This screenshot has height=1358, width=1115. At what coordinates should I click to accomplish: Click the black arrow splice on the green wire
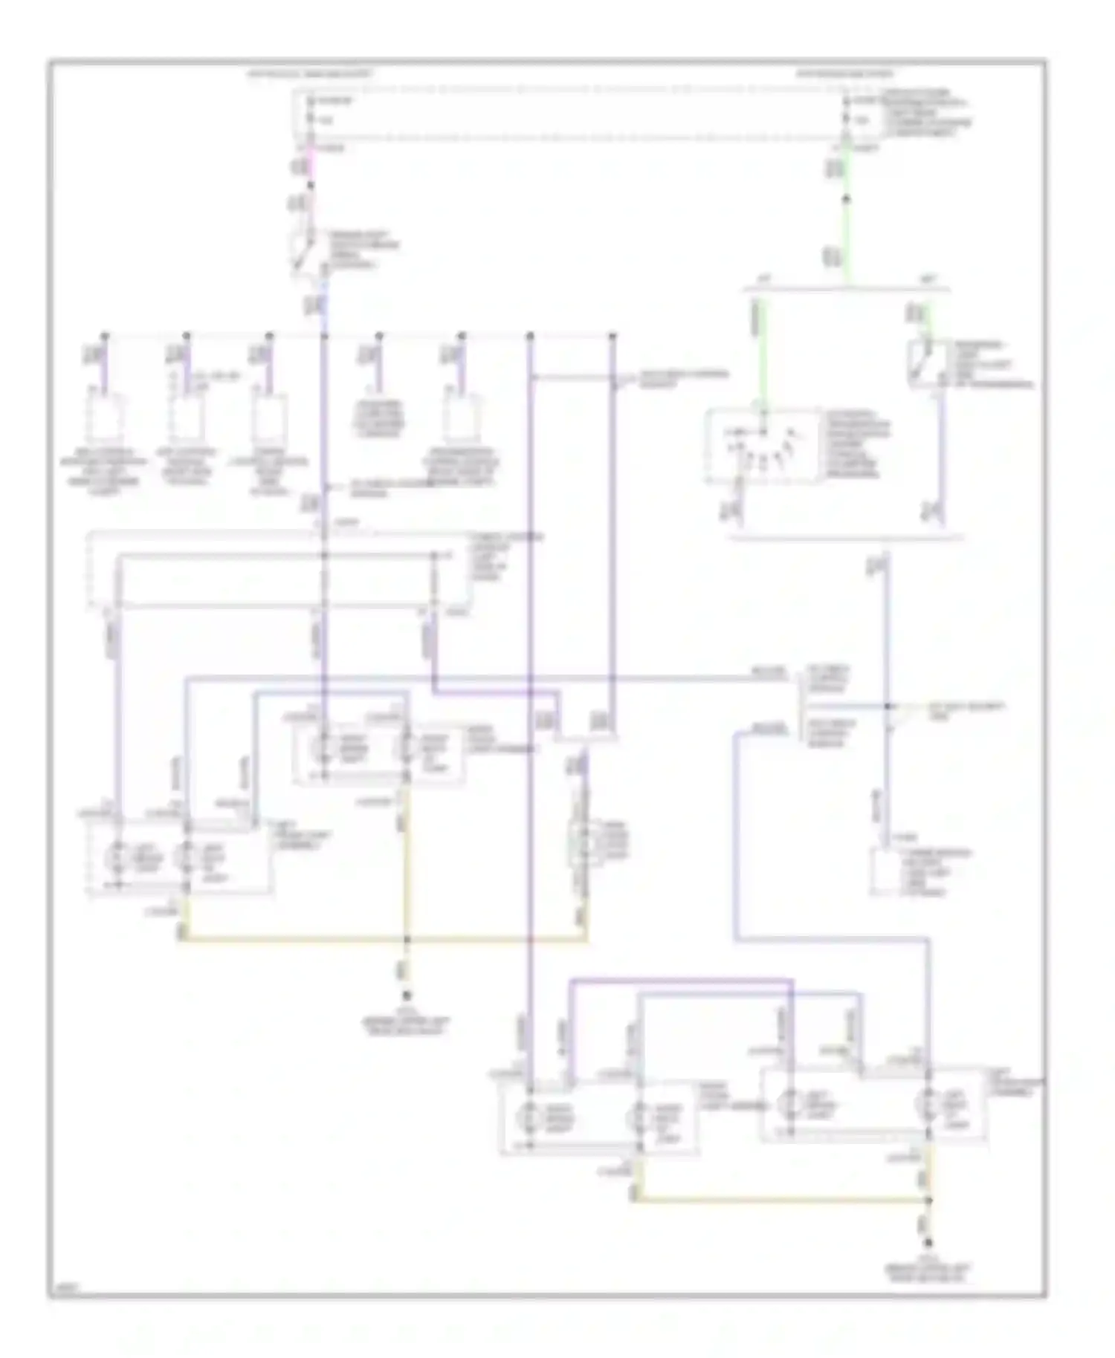(845, 199)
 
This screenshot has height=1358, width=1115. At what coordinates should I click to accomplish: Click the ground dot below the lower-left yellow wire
(406, 993)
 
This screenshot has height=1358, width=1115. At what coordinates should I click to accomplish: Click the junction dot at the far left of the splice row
(104, 336)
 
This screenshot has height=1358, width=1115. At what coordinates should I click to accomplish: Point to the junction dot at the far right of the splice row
(613, 336)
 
